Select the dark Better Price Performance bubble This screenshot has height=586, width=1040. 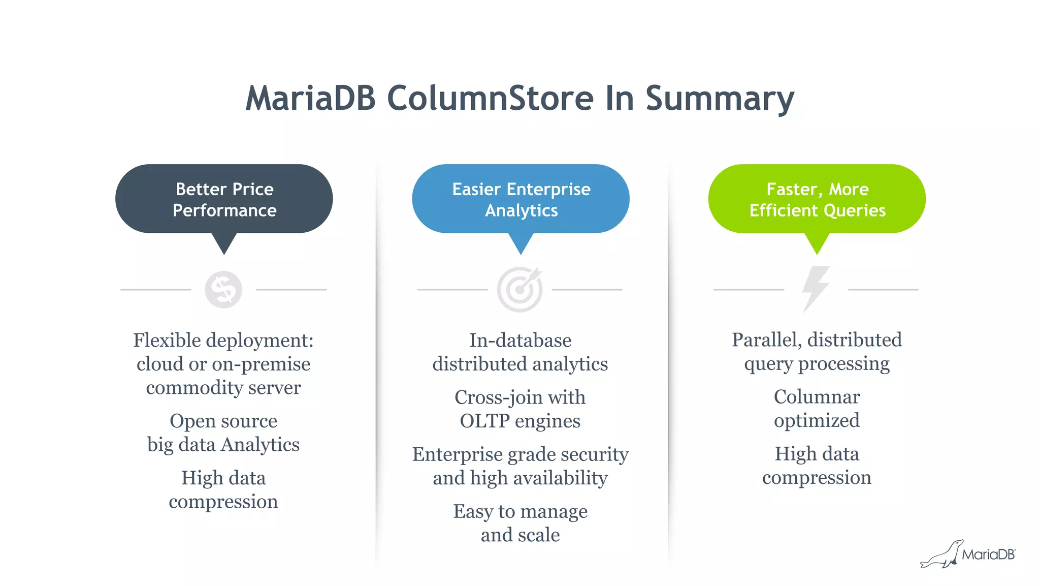point(224,199)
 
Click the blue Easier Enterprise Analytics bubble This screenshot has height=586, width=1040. point(521,199)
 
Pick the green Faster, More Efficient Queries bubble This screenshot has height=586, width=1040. point(817,199)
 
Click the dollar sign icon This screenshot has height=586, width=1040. point(223,290)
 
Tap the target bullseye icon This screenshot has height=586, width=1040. point(519,289)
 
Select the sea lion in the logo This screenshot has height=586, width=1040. point(942,556)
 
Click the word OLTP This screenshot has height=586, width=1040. point(484,421)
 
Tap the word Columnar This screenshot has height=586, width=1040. point(817,397)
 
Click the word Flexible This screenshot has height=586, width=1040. point(167,341)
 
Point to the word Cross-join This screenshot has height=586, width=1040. point(491,397)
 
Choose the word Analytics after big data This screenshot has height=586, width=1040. point(260,445)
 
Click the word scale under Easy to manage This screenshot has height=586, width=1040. point(540,535)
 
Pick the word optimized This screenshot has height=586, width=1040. point(817,421)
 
